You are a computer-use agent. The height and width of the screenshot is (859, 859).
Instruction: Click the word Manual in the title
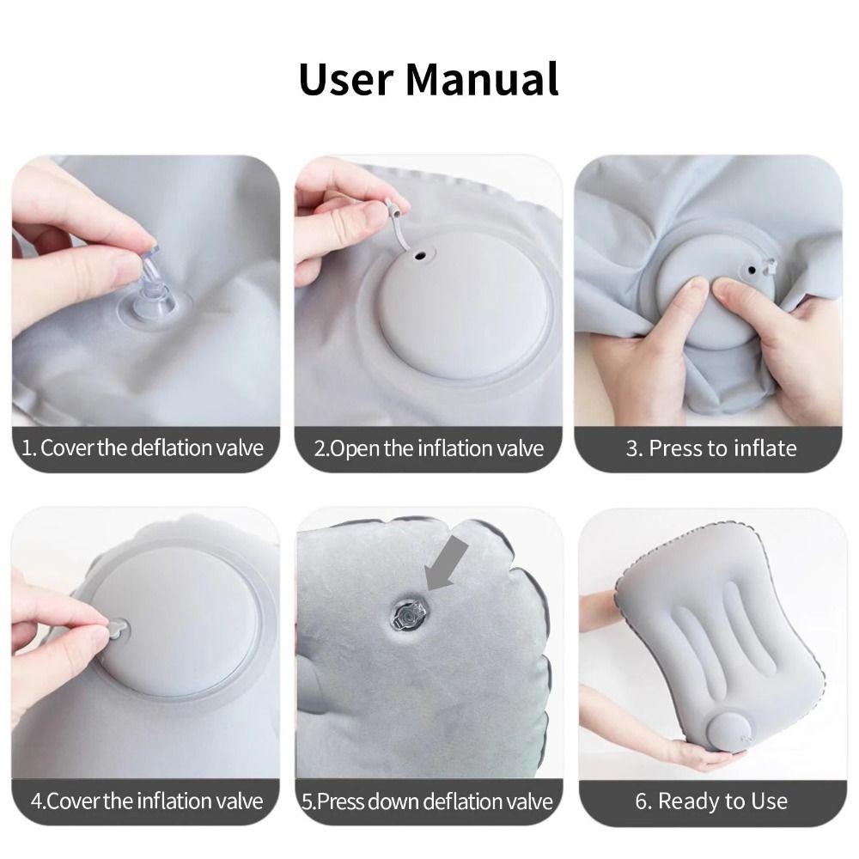(482, 79)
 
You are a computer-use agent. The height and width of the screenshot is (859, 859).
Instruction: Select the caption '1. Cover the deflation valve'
(143, 448)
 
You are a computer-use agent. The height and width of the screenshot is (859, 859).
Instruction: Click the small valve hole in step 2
(421, 255)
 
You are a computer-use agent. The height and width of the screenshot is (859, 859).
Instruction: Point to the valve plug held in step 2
(393, 209)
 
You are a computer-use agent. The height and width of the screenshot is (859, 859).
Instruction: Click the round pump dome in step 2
(464, 318)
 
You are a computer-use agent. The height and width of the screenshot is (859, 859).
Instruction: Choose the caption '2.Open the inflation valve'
(429, 448)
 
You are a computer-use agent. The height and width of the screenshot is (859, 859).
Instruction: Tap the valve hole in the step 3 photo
(752, 270)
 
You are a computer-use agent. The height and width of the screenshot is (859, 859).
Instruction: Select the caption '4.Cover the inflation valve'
(147, 801)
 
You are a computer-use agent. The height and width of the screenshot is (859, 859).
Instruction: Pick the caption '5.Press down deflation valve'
(427, 801)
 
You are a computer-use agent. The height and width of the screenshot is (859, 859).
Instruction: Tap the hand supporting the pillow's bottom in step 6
(700, 754)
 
